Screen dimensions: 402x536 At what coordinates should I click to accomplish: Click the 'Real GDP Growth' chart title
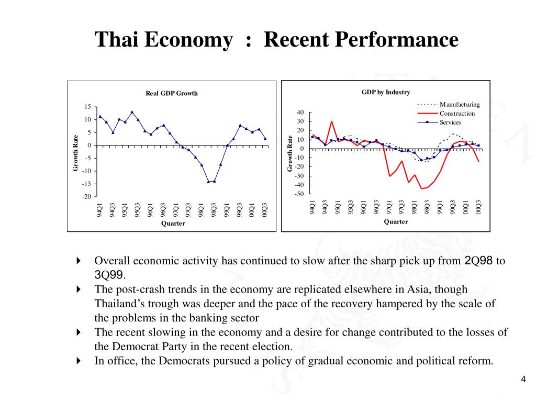(172, 93)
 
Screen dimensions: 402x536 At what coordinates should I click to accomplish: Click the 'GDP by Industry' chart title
(385, 92)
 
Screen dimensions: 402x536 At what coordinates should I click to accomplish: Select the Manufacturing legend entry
(459, 104)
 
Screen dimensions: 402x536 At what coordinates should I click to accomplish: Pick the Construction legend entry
(457, 113)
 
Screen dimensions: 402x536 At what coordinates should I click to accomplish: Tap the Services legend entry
(450, 122)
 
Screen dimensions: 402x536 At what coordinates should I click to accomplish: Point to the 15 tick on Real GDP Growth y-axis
(88, 107)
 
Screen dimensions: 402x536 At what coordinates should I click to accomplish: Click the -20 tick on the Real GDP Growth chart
(86, 197)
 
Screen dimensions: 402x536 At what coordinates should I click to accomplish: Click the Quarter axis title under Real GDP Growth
(173, 224)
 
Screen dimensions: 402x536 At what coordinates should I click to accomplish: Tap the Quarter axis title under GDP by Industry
(396, 221)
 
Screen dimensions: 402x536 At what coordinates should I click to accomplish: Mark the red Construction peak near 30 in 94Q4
(331, 121)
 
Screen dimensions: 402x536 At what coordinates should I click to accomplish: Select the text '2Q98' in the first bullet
(479, 261)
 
